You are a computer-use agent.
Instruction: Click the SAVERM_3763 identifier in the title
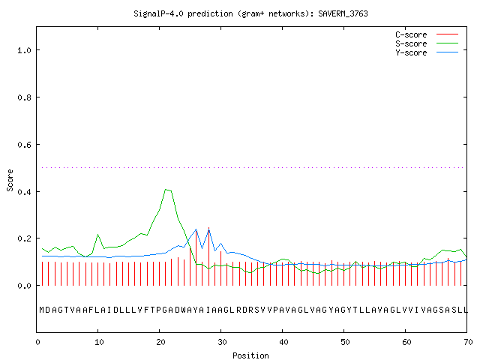coord(343,13)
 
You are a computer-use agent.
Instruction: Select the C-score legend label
coord(411,34)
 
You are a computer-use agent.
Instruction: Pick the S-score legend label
coord(411,43)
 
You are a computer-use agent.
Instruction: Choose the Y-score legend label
coord(411,52)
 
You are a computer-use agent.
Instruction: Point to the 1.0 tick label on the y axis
coord(25,50)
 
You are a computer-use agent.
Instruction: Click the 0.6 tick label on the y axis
coord(25,145)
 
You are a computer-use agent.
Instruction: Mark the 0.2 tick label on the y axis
coord(25,238)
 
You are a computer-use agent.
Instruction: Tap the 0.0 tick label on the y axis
coord(25,286)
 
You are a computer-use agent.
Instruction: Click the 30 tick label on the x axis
coord(222,342)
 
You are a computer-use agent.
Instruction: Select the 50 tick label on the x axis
coord(345,342)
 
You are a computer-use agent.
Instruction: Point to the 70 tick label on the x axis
coord(468,342)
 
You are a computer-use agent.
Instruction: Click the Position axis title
coord(250,355)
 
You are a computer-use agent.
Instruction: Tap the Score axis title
coord(10,180)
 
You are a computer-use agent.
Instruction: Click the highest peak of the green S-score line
coord(166,190)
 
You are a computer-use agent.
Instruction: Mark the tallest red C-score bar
coord(208,256)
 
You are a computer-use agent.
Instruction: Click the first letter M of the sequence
coord(42,310)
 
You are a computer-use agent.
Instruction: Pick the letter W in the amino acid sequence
coord(183,310)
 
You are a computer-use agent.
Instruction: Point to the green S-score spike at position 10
coord(98,235)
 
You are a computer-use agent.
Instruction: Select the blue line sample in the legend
coord(447,52)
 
